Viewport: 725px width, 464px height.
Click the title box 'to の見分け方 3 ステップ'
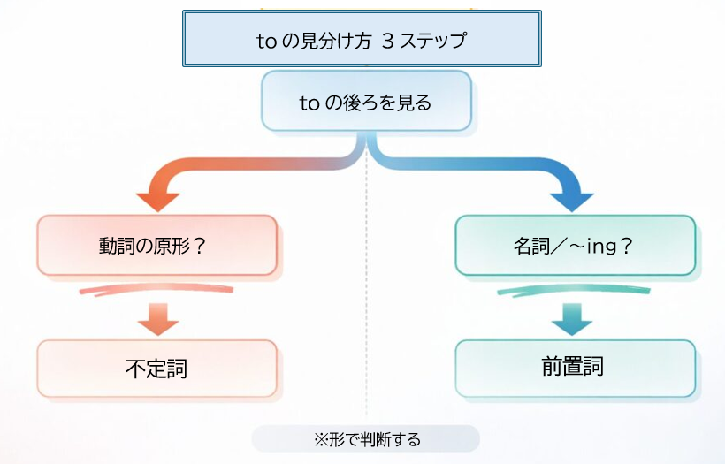(x=361, y=39)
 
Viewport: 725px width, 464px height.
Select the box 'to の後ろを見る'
(x=366, y=102)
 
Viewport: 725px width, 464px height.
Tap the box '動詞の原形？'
(x=157, y=245)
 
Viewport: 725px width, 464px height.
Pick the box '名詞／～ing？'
(x=575, y=245)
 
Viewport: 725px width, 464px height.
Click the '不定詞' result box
(x=157, y=368)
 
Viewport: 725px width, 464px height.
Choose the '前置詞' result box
(x=575, y=367)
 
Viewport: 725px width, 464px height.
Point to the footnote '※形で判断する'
(x=366, y=438)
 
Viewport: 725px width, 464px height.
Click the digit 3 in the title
(x=389, y=40)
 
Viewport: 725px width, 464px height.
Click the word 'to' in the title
(x=264, y=40)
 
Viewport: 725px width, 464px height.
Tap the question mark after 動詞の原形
(x=200, y=245)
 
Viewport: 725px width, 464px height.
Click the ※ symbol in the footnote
(x=321, y=438)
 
